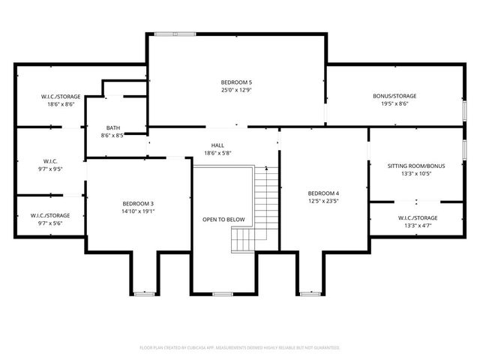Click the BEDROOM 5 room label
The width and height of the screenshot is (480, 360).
tap(236, 82)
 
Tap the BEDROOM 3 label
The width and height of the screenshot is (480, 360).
tap(138, 203)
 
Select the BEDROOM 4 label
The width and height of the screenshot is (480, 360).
tap(323, 193)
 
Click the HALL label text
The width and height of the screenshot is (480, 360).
tap(217, 145)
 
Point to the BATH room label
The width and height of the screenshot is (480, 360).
tap(112, 128)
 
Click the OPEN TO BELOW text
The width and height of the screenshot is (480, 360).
tap(223, 220)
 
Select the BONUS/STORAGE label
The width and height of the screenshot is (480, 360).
tap(394, 96)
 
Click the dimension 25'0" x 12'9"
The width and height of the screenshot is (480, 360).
tap(236, 89)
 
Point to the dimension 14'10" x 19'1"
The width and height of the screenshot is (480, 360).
tap(138, 211)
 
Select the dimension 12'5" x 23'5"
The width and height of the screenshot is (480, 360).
tap(323, 201)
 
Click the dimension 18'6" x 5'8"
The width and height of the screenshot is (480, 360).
tap(217, 153)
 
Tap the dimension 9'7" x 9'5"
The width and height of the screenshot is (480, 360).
tap(51, 169)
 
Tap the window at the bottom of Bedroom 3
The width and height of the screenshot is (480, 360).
tap(145, 292)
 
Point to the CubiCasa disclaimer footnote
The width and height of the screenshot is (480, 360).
tap(240, 348)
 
